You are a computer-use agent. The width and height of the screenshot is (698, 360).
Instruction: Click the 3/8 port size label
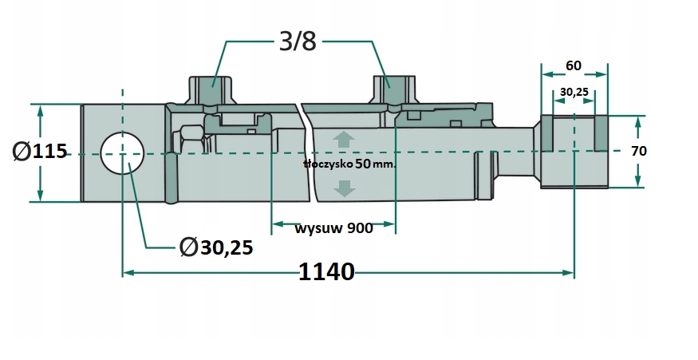click(298, 42)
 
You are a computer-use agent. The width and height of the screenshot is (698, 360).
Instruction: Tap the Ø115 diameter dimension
click(40, 152)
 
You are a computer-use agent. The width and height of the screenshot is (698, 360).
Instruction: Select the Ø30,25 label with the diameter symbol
click(216, 247)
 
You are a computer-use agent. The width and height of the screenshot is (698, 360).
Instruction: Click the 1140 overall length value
click(326, 271)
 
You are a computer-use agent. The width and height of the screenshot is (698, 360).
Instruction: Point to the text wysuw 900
click(334, 228)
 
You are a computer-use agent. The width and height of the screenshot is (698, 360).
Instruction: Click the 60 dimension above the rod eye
click(574, 65)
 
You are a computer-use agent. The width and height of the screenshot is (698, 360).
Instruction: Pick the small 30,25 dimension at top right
click(574, 92)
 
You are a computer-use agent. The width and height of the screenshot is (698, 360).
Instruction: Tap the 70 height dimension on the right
click(639, 151)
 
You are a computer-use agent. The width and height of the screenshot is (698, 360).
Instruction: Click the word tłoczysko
click(329, 164)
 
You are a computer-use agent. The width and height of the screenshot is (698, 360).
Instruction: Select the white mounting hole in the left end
click(122, 153)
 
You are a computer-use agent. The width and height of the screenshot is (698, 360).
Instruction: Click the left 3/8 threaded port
click(211, 90)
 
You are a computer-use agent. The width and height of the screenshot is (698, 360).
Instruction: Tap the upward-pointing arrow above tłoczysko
click(344, 140)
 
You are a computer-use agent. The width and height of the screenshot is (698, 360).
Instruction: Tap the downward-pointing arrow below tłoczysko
click(344, 188)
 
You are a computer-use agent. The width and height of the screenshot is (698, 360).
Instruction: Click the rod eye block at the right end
click(574, 152)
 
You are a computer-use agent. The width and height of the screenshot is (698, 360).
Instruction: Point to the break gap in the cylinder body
click(306, 152)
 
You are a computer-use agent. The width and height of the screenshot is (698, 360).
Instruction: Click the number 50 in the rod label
click(363, 164)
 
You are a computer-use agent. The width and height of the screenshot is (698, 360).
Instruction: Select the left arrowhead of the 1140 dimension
click(128, 272)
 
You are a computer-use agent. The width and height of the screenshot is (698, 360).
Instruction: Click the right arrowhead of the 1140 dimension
click(569, 272)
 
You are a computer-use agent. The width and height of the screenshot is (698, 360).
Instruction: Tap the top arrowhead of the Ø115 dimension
click(40, 110)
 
